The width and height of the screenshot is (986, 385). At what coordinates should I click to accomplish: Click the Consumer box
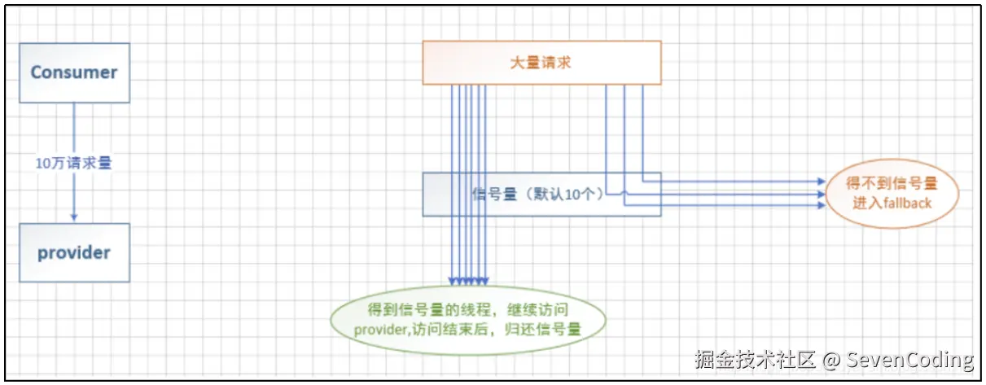[x=74, y=72]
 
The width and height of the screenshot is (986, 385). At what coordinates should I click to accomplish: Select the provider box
[x=74, y=252]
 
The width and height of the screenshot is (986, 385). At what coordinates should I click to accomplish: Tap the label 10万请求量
[x=73, y=163]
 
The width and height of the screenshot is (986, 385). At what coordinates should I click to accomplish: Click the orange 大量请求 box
[x=541, y=62]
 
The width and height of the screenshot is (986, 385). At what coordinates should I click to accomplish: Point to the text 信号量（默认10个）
[x=537, y=195]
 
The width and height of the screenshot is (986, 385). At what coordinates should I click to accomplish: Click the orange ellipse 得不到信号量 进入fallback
[x=892, y=194]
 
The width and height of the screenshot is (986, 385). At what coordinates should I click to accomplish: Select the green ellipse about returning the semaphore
[x=470, y=319]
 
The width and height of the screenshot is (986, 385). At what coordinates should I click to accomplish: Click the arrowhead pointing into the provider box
[x=74, y=217]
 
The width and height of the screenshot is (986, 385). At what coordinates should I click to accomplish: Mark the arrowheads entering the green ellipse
[x=470, y=281]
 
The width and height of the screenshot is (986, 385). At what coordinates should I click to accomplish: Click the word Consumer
[x=74, y=72]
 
